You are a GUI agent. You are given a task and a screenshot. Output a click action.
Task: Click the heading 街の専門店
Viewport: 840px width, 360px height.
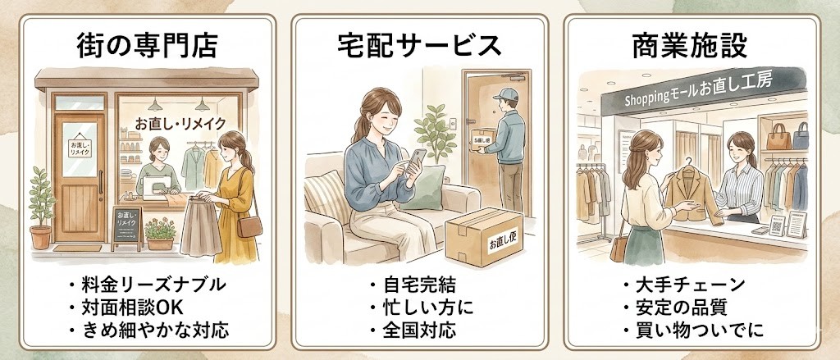click(148, 45)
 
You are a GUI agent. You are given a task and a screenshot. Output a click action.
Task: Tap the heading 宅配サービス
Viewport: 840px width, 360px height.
click(419, 45)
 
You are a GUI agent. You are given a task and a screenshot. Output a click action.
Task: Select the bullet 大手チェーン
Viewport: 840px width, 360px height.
click(689, 285)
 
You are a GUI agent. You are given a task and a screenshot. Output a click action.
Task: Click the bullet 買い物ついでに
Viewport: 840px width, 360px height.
click(694, 331)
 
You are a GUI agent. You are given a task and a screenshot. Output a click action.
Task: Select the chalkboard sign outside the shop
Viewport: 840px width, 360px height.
click(126, 224)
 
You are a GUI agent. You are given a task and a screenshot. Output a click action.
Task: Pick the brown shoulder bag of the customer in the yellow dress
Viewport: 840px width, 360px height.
click(249, 226)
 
